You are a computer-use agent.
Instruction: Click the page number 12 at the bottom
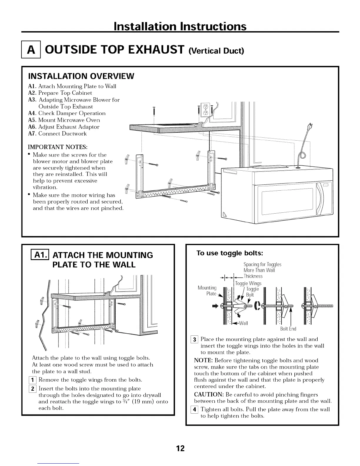coord(180,448)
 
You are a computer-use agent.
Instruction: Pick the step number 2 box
coord(35,389)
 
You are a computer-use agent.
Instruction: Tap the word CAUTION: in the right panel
coord(208,395)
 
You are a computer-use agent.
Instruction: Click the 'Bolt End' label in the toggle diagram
coord(288,329)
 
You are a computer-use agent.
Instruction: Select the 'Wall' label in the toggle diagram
coord(244,323)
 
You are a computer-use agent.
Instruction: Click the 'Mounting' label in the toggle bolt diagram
coord(207,288)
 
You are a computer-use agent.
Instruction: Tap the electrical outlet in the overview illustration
coord(206,109)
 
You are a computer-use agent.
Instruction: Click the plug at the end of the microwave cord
coord(309,126)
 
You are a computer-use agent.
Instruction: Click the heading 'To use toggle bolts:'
coord(229,253)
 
